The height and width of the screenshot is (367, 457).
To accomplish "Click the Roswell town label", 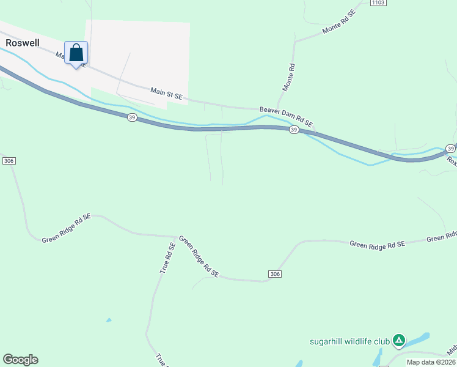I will point(23,43).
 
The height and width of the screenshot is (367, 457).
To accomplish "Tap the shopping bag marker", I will point(76,53).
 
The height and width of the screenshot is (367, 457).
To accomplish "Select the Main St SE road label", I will point(166,93).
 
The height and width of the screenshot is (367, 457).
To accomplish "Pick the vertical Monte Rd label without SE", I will point(288,78).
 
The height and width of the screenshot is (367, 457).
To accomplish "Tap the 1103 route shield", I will point(379,3).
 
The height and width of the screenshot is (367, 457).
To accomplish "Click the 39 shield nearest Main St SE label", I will point(132,117).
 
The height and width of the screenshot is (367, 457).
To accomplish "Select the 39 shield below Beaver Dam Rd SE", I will point(294,130).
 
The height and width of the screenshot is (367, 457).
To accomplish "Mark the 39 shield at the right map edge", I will point(450,149).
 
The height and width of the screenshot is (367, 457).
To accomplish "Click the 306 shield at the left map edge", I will point(9,160).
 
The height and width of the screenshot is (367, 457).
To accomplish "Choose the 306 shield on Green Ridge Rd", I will point(274,274).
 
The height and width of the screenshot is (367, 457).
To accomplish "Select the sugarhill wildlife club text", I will point(348,341).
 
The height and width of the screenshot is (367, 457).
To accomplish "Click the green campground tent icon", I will point(398,340).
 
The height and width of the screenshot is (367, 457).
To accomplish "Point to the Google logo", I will point(20,360).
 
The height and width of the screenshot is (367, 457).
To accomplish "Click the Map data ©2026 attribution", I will point(431,362).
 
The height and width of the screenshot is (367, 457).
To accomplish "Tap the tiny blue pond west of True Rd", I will point(109,320).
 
